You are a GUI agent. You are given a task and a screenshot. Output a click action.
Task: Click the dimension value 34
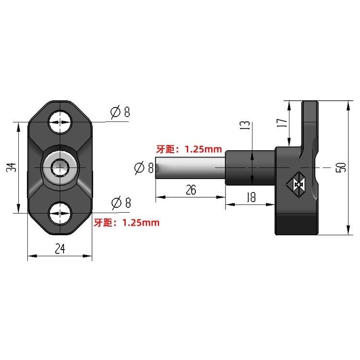[11, 168]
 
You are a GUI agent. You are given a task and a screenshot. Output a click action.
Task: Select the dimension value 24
[60, 249]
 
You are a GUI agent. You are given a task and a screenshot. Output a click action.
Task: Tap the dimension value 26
[191, 190]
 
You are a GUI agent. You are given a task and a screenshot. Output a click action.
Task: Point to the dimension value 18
[251, 197]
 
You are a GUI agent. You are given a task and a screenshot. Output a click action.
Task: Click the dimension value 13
[244, 125]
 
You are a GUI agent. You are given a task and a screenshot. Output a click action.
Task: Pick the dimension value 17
[282, 123]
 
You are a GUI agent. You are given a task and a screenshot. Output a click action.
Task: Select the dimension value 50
[340, 167]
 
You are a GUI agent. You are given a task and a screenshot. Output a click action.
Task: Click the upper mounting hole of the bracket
[60, 122]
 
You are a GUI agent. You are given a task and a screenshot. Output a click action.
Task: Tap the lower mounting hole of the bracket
[60, 213]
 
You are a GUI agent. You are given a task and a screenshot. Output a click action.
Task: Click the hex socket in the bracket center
[60, 168]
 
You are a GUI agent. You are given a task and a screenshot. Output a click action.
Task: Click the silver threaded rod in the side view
[190, 168]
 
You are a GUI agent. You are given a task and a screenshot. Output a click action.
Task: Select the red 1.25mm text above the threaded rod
[204, 149]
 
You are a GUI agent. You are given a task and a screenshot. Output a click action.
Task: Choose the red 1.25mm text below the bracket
[141, 223]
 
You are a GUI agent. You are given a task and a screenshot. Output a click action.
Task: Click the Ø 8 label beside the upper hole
[120, 112]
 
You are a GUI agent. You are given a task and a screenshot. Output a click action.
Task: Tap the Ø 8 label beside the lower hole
[121, 203]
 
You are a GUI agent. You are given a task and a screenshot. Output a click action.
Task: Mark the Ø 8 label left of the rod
[144, 168]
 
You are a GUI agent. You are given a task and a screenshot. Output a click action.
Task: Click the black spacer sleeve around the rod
[250, 168]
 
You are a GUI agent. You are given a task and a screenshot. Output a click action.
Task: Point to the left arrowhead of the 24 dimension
[32, 255]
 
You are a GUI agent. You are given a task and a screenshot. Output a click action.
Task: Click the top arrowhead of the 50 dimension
[348, 105]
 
